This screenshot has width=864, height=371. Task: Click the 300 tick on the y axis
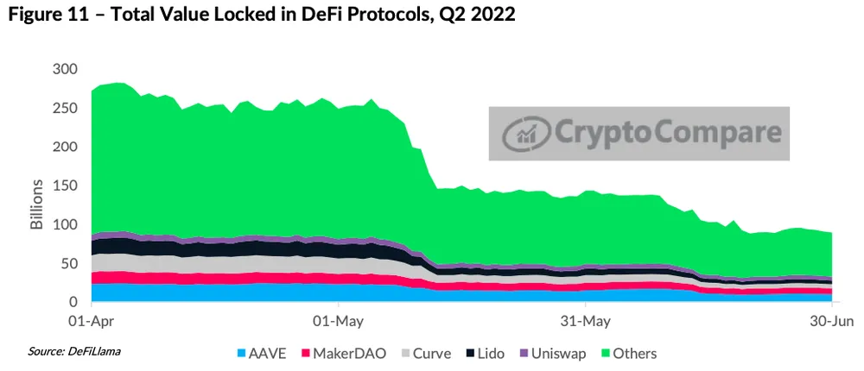click(65, 69)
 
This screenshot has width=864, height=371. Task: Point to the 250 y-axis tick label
click(65, 108)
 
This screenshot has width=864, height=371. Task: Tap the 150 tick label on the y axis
click(65, 185)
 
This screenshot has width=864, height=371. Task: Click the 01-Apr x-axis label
click(90, 322)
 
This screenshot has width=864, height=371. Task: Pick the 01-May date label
click(337, 322)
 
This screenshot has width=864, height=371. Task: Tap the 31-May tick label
click(585, 322)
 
